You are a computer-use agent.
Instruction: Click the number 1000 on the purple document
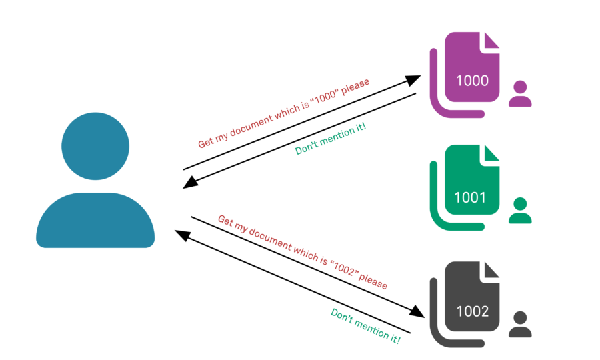(472, 81)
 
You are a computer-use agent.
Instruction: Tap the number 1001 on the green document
(471, 197)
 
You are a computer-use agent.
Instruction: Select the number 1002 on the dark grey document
(472, 311)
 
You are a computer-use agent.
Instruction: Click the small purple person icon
(520, 94)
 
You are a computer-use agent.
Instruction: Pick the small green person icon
(520, 211)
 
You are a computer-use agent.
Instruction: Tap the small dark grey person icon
(520, 324)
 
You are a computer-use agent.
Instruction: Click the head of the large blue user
(95, 146)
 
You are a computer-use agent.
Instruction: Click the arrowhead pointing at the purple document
(414, 79)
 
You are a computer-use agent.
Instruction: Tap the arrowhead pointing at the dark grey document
(418, 311)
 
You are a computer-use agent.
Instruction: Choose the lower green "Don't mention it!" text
(365, 326)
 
